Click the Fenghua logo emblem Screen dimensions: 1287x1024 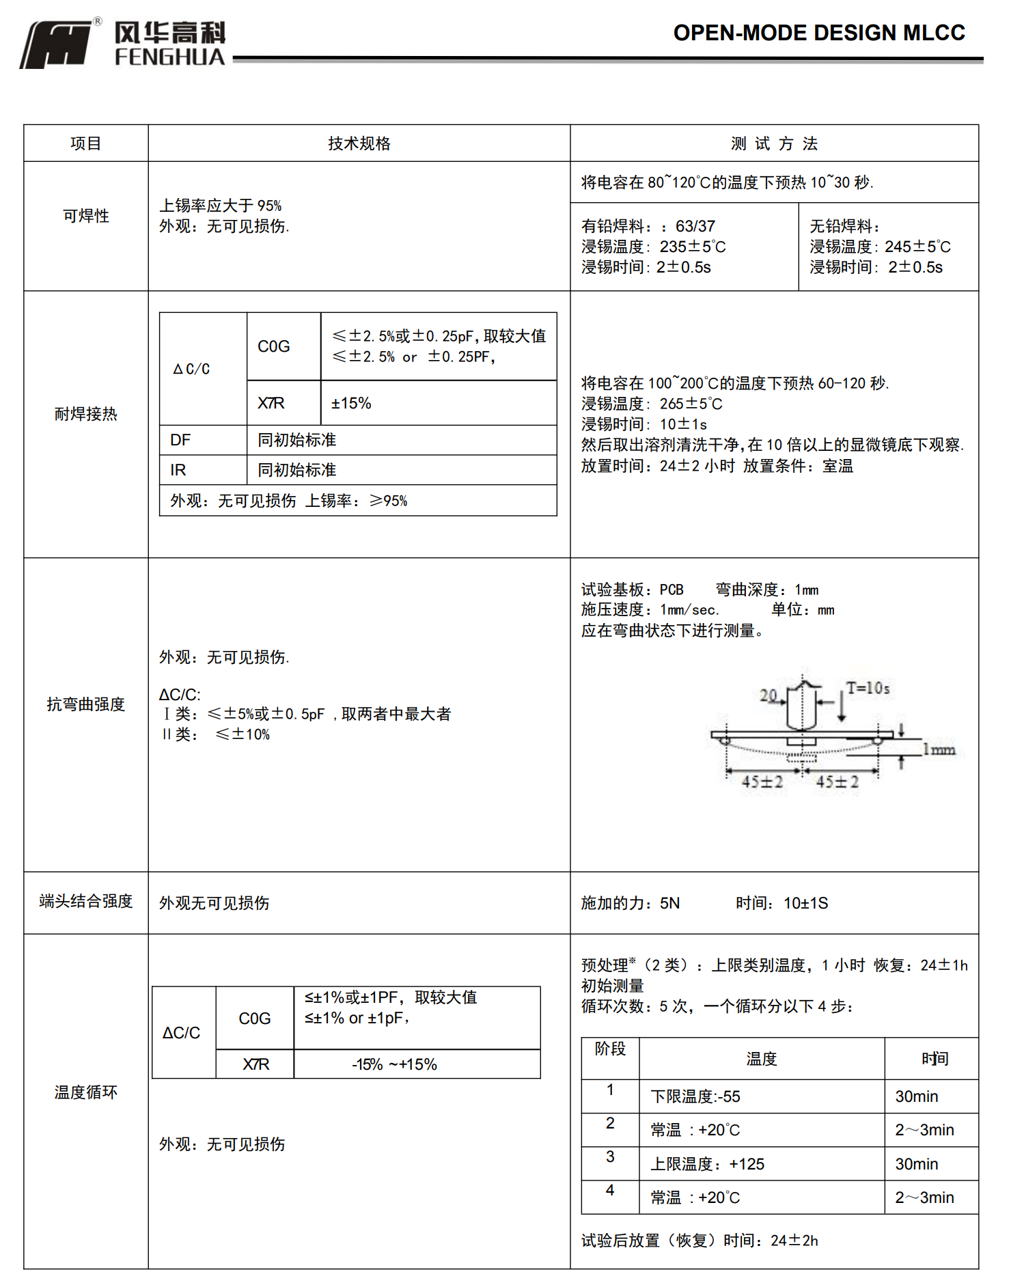point(56,44)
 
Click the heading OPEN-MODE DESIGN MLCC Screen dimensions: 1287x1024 point(818,33)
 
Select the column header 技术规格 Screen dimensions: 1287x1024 point(359,143)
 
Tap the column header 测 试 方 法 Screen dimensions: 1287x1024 point(774,143)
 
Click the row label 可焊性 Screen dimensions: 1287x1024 point(86,216)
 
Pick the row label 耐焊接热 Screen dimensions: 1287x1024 point(86,414)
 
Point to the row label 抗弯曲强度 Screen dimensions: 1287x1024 point(86,704)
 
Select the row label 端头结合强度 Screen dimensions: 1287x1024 point(86,901)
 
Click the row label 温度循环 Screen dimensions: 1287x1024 point(86,1092)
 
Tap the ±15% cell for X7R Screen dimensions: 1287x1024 point(351,404)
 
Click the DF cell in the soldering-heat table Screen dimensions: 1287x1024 point(180,440)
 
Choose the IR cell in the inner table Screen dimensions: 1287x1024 point(178,470)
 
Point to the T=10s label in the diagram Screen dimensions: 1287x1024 point(868,688)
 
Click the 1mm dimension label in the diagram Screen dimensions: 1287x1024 point(939,750)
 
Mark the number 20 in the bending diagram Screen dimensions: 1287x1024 point(769,695)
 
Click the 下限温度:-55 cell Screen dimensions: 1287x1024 point(695,1096)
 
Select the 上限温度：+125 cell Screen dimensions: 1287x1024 point(707,1164)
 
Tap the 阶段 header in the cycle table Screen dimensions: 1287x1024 point(610,1049)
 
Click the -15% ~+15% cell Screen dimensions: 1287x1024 point(394,1064)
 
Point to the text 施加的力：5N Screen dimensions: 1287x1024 point(630,903)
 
